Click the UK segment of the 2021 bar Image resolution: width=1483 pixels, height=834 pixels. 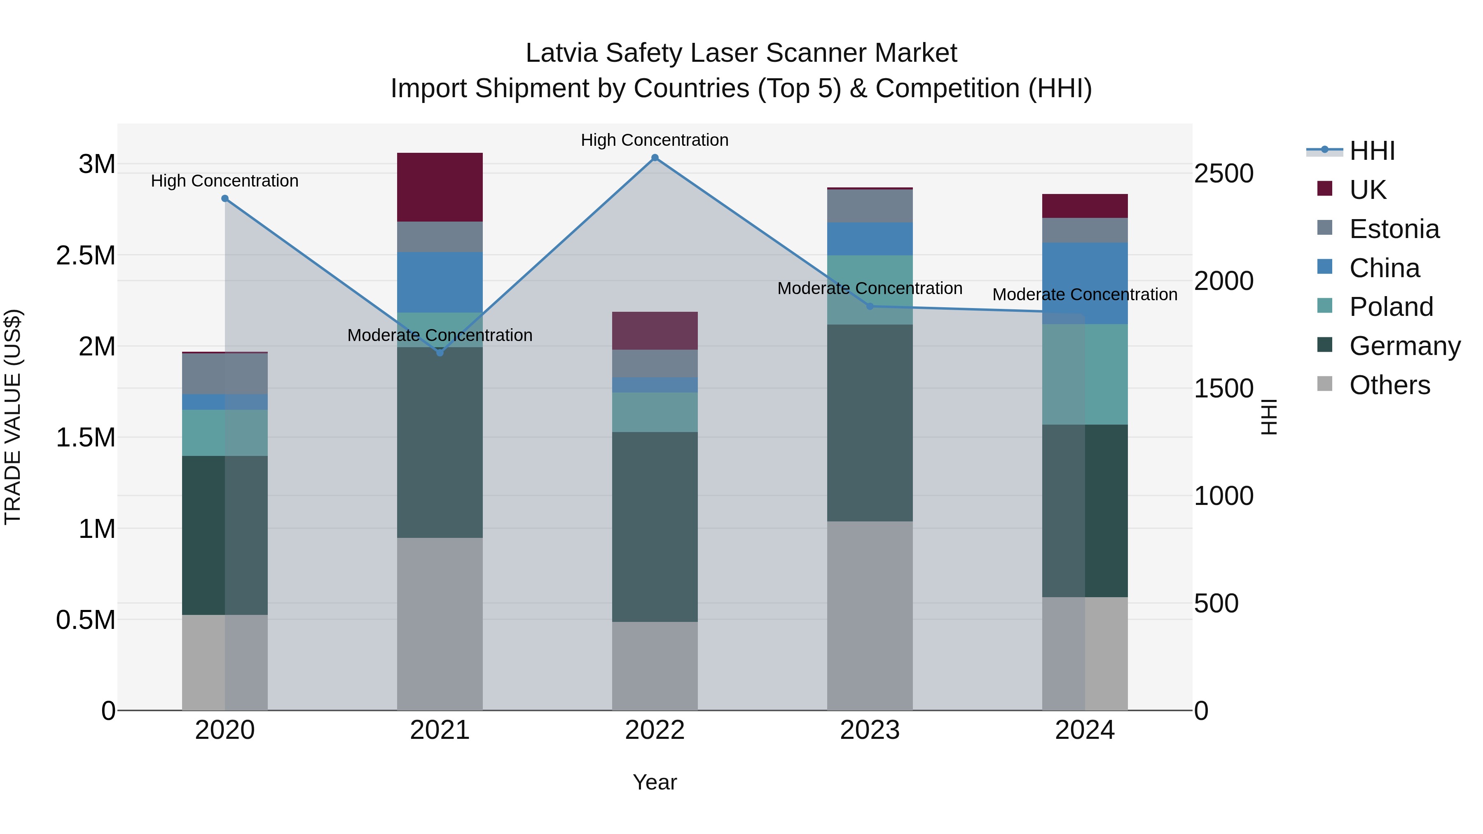tap(440, 187)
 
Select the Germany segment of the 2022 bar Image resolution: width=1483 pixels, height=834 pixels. tap(655, 527)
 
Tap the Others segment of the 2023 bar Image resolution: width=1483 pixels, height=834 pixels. tap(870, 615)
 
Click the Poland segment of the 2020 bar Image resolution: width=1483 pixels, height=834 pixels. tap(225, 432)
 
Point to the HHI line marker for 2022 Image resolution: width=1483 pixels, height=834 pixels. tap(655, 158)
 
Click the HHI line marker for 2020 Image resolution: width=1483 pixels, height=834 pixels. tap(225, 199)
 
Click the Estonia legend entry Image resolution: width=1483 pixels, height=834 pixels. tap(1394, 229)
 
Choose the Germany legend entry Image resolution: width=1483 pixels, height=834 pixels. tap(1404, 346)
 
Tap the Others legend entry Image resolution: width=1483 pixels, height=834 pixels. tap(1389, 385)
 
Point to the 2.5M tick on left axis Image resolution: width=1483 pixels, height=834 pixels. tap(85, 255)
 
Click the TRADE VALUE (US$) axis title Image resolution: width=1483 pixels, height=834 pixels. tap(13, 417)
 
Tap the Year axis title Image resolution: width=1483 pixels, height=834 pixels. tap(655, 782)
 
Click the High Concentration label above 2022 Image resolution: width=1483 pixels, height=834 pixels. tap(655, 140)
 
